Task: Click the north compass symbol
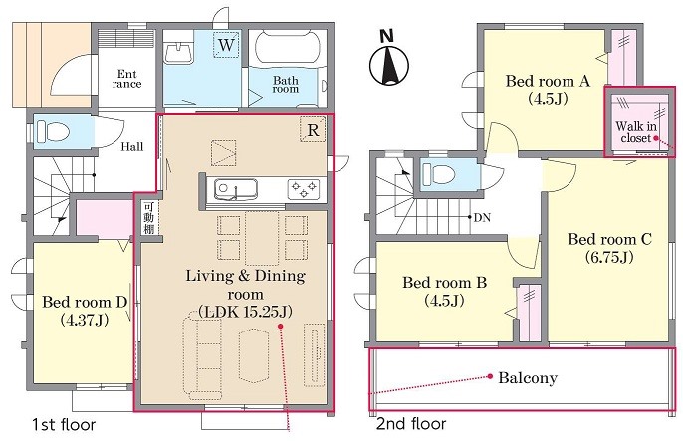389,65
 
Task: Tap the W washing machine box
227,45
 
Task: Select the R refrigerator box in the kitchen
313,129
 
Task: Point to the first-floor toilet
52,130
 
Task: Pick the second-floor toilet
439,173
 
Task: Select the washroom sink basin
179,52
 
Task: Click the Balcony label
528,378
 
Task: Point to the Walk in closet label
636,132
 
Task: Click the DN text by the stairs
482,217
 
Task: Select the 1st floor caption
64,424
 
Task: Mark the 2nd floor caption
411,424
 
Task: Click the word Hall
132,146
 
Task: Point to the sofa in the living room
201,354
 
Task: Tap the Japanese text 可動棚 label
149,218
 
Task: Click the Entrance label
126,79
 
